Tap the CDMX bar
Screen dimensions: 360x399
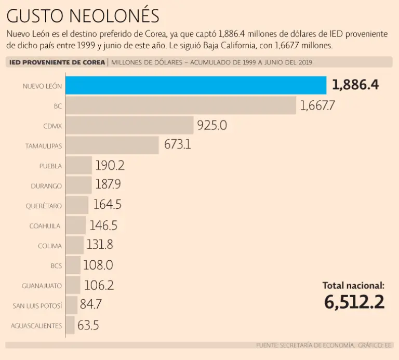130,126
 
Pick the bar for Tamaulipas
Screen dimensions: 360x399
112,145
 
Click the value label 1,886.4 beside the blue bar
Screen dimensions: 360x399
355,85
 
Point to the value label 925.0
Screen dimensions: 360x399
212,126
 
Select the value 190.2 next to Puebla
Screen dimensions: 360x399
110,166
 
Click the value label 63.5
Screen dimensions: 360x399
88,325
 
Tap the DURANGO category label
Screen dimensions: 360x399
46,185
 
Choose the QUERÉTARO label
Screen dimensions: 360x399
44,206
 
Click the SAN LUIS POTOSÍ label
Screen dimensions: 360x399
37,305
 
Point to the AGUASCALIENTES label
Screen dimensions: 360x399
36,326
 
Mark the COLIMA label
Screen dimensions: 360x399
50,246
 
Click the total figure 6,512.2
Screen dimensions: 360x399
354,302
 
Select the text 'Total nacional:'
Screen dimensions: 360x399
354,285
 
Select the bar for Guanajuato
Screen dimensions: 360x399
73,285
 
